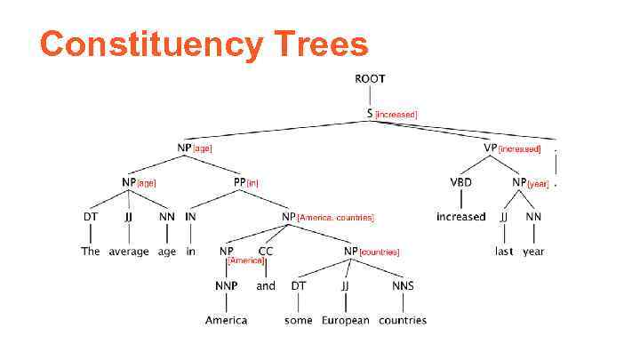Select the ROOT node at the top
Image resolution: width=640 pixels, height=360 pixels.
[370, 79]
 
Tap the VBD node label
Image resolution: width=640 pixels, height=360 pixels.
[460, 182]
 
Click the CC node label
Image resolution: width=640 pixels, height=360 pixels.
[266, 252]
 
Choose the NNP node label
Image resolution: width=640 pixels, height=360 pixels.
[226, 285]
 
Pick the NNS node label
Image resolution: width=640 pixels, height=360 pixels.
[403, 285]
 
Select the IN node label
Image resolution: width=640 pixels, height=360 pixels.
[190, 216]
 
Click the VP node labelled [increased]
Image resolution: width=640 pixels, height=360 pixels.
[490, 148]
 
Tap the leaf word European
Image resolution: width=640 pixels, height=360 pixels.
[345, 320]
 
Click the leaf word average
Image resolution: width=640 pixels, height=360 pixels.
[129, 252]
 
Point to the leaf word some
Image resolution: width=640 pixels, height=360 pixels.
[298, 320]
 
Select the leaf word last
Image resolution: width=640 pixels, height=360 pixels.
[505, 252]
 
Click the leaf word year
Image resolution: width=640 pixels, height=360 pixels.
[533, 252]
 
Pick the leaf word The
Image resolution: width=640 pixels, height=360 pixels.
[91, 252]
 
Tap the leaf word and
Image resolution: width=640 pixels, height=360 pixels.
[266, 286]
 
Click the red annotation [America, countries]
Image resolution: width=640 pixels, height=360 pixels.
[336, 218]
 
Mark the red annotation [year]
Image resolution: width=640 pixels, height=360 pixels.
[539, 184]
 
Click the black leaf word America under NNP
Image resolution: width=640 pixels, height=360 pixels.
[226, 320]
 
